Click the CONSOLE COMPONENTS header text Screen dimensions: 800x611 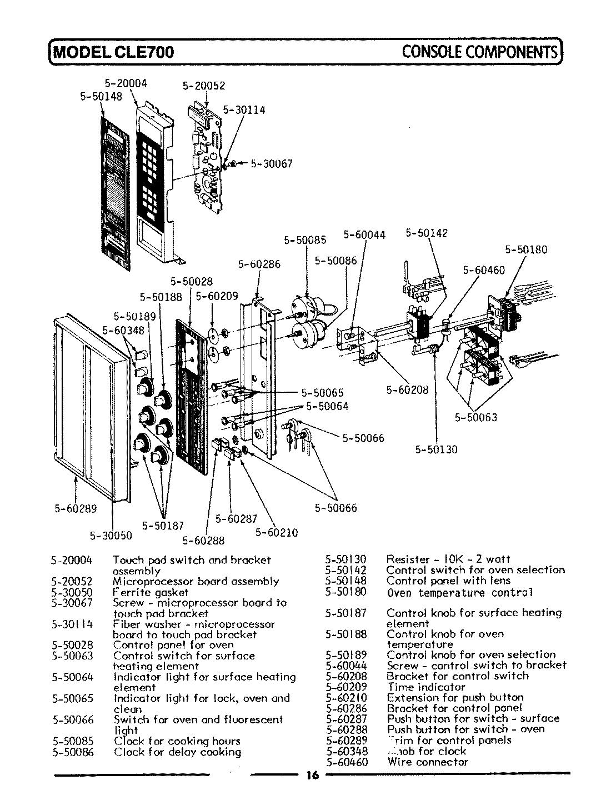pos(479,52)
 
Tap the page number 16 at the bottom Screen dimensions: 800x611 pos(312,776)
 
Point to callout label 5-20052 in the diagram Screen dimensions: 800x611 pos(203,86)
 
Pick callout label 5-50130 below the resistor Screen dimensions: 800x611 pos(436,449)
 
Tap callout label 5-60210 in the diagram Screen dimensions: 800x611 pos(277,532)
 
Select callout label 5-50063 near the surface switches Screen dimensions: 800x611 pos(476,417)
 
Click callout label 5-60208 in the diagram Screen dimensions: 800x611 pos(407,389)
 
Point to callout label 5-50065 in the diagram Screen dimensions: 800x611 pos(323,392)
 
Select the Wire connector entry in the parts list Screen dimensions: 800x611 pos(428,762)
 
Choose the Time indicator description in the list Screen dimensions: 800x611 pos(426,687)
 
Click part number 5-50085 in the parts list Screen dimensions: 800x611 pos(72,741)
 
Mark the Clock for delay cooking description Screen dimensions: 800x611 pos(177,752)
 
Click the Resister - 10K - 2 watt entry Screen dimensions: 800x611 pos(448,559)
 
